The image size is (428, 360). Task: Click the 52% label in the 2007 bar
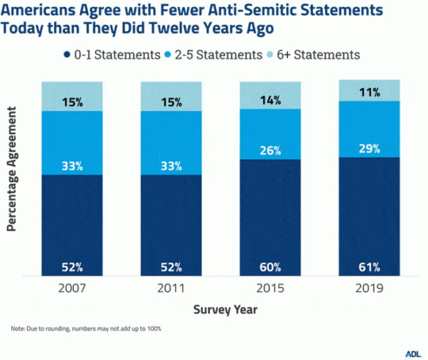point(72,267)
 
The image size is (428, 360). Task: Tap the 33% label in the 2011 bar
point(171,166)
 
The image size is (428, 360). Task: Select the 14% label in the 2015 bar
point(271,100)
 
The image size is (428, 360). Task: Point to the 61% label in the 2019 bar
point(370,267)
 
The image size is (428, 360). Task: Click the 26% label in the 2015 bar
point(271,150)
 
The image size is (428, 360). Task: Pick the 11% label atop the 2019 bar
point(370,91)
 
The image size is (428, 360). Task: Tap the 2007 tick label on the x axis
point(72,288)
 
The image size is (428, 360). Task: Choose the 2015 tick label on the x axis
point(271,288)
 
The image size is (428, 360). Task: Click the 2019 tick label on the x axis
point(370,288)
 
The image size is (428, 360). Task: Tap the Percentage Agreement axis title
point(12,174)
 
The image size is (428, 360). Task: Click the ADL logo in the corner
point(412,352)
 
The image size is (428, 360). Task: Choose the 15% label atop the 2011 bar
point(171,102)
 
